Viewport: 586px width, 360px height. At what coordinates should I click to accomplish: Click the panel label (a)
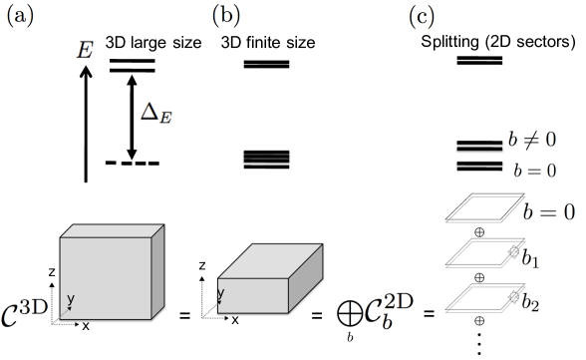click(x=19, y=15)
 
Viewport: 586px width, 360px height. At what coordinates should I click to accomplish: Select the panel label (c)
click(x=422, y=15)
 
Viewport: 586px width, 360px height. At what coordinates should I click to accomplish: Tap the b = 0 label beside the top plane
click(x=549, y=211)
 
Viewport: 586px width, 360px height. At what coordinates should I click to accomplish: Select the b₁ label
click(x=530, y=258)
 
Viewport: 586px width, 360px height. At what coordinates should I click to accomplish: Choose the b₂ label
click(x=530, y=302)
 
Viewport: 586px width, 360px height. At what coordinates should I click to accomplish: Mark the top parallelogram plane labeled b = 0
click(x=482, y=209)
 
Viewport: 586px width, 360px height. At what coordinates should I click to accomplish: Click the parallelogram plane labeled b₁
click(x=482, y=254)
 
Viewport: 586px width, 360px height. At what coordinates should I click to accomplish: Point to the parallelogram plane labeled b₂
click(x=482, y=299)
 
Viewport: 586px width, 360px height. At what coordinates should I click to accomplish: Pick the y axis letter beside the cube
click(x=71, y=299)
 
